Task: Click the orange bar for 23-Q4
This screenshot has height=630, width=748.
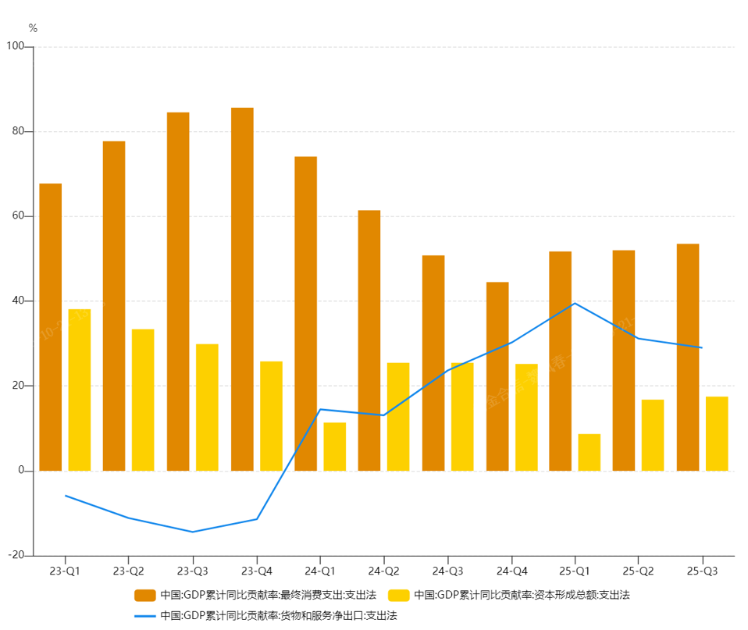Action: (242, 289)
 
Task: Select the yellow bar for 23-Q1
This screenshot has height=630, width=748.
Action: (80, 390)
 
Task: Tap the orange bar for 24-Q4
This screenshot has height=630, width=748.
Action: (497, 376)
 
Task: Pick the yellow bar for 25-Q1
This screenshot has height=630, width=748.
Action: (589, 452)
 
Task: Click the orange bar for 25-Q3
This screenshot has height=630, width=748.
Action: (688, 357)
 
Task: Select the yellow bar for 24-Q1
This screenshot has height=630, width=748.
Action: (335, 447)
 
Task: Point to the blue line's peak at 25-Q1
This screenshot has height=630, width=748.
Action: (575, 303)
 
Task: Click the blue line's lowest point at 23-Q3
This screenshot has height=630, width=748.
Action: (192, 532)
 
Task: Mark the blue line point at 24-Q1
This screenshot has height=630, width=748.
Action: (320, 409)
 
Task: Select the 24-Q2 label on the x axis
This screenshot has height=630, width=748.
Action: (383, 571)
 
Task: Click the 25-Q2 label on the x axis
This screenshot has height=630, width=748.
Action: (639, 571)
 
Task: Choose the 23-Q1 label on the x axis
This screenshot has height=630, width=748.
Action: (64, 571)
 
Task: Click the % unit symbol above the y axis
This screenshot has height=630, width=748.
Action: (33, 28)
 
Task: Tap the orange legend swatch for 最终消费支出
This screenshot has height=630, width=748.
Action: (145, 595)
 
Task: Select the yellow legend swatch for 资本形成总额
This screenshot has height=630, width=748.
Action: (399, 595)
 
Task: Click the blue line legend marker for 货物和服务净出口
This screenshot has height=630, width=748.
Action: (145, 615)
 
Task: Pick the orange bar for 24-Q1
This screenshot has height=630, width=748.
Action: (306, 313)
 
